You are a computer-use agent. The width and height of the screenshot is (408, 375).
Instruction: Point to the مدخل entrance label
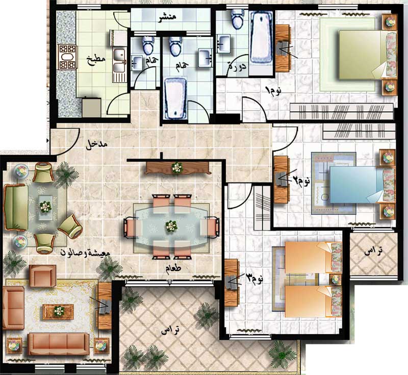point(96,145)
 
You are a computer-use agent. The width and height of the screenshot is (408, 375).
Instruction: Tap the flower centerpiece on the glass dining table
point(171,226)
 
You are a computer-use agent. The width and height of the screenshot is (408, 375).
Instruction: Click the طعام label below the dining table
point(173,268)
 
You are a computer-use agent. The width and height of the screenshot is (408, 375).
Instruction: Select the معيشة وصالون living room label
point(85,252)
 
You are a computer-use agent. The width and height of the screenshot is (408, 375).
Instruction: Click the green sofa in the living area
point(16,207)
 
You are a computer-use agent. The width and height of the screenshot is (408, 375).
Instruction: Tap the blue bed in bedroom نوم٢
point(362,185)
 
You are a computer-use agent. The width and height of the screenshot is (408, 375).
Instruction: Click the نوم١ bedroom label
point(273,90)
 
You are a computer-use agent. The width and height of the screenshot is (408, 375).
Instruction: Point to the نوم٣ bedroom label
point(254,278)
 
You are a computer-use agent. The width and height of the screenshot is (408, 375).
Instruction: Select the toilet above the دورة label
point(238,19)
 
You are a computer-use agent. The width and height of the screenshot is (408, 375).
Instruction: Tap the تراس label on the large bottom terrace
point(170,330)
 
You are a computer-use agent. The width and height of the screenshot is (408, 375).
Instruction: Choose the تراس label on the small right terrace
point(373,251)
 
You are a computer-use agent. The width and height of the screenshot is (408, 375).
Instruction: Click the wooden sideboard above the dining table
point(178,168)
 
